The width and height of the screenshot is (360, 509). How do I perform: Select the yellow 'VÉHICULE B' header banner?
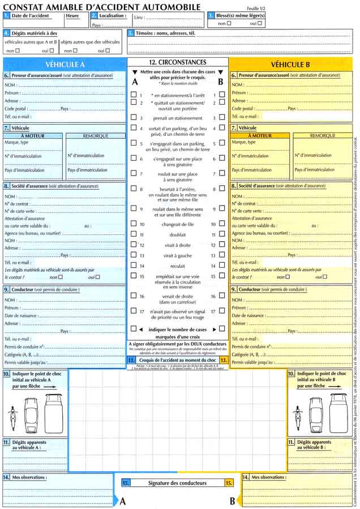[x=291, y=65]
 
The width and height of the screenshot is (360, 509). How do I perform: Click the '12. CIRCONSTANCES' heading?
[x=177, y=62]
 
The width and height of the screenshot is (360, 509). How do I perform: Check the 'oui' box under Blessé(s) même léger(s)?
[x=260, y=23]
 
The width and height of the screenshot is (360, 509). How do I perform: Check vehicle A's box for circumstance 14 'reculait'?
[x=134, y=265]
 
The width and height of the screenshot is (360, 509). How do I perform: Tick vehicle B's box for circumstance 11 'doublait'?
[x=222, y=234]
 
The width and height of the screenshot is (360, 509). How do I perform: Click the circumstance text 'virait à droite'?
[x=178, y=245]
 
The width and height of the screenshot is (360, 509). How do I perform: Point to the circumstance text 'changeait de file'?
[x=178, y=224]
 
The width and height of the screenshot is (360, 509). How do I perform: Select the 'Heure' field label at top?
[x=72, y=16]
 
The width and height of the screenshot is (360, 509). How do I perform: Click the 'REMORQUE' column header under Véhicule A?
[x=95, y=136]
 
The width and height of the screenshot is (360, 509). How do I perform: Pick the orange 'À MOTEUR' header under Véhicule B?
[x=260, y=136]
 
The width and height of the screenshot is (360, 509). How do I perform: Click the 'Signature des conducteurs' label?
[x=177, y=483]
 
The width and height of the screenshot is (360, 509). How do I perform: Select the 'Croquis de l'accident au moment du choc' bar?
[x=177, y=360]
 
